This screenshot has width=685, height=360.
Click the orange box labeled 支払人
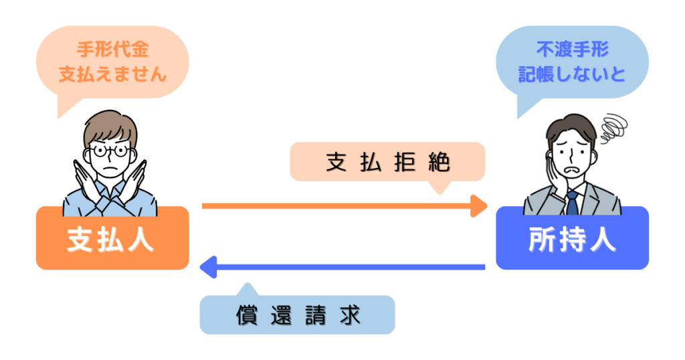point(112,238)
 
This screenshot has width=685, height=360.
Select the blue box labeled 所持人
point(572,238)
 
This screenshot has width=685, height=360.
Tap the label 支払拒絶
point(387,162)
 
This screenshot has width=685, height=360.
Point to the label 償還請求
point(298,314)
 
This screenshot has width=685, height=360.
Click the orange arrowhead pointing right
point(479,206)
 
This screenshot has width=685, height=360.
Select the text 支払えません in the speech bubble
point(112,74)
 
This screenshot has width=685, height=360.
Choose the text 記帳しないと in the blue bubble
point(572,74)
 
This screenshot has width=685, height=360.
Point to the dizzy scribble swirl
point(613,126)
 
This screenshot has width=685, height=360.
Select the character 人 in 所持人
point(603,239)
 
